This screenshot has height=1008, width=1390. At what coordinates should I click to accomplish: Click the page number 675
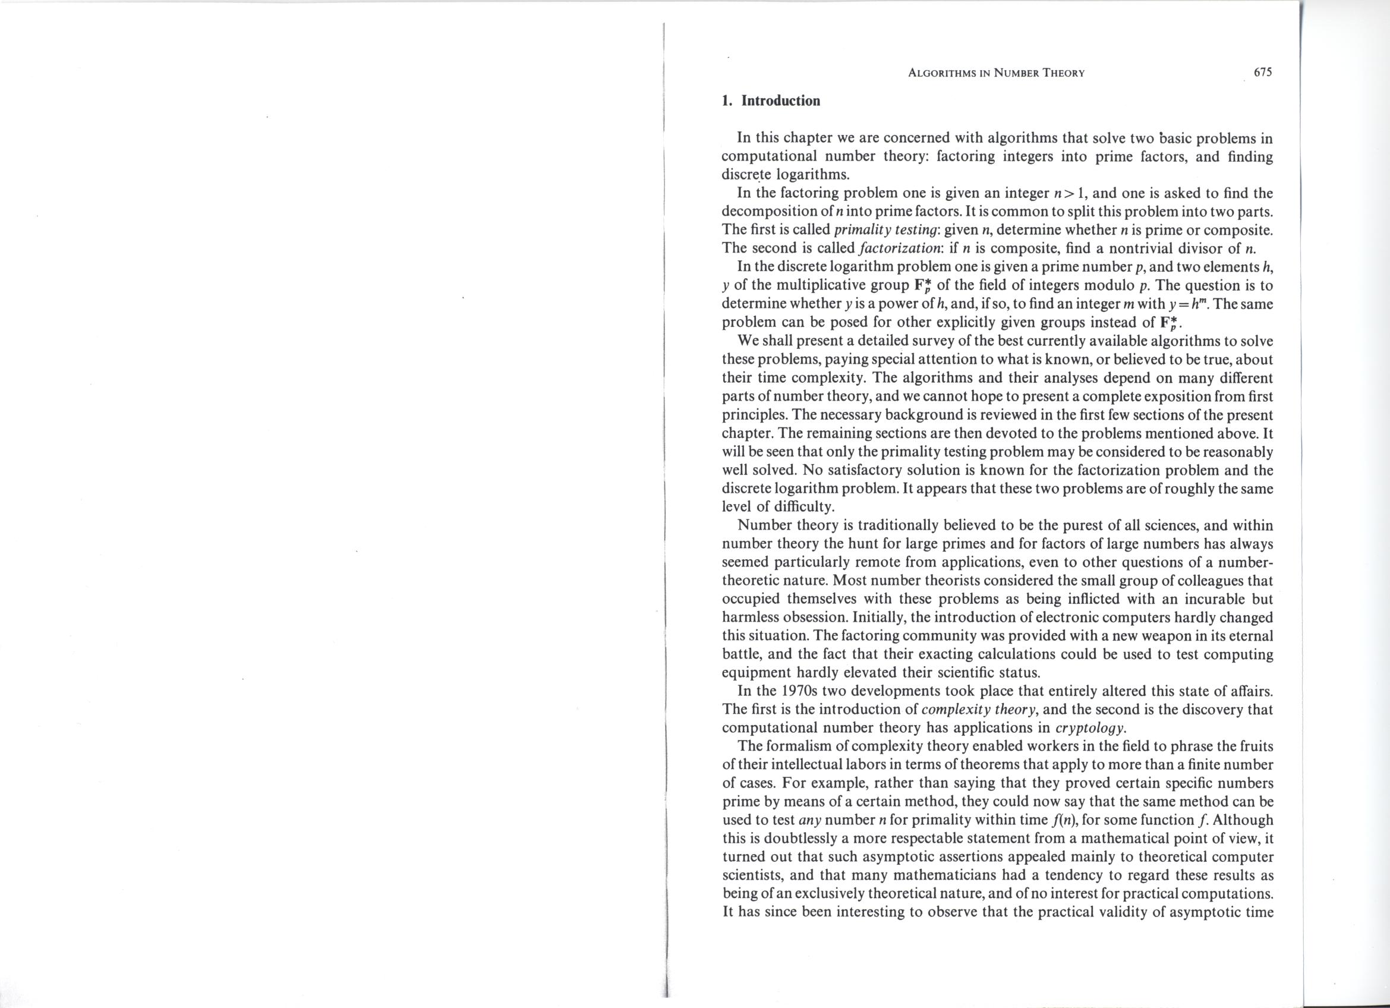(x=1264, y=73)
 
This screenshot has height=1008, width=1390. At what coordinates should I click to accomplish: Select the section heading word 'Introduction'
(x=781, y=101)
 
